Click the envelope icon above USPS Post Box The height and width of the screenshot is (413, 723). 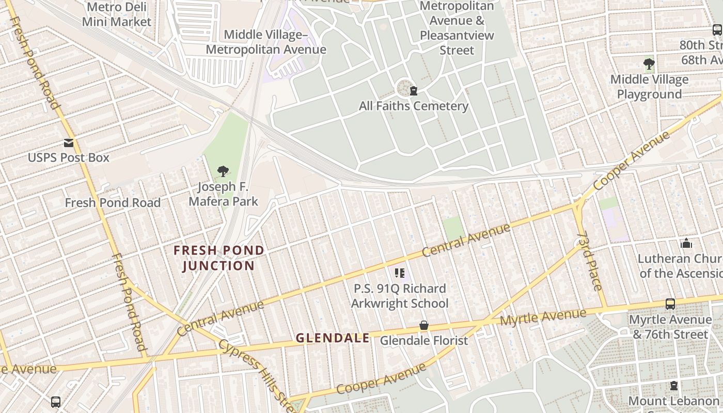(69, 143)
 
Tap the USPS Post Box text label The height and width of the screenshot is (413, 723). (69, 157)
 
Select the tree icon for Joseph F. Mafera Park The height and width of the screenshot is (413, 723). (223, 171)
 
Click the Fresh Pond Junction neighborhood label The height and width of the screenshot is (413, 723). (219, 258)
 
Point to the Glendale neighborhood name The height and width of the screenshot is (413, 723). (333, 338)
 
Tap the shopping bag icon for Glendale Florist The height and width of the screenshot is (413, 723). (424, 325)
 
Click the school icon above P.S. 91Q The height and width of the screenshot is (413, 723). (399, 273)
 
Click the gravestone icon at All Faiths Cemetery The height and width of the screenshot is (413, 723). (413, 91)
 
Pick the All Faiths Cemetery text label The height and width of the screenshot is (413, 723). (414, 106)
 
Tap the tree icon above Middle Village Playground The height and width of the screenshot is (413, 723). (649, 64)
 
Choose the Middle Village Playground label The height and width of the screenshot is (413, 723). (649, 87)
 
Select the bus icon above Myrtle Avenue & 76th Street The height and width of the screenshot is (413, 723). (670, 304)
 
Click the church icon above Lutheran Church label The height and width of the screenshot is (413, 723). (686, 243)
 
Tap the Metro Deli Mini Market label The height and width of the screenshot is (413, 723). (117, 14)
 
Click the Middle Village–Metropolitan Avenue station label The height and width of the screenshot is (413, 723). (266, 42)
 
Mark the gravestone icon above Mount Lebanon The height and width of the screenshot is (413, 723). (673, 386)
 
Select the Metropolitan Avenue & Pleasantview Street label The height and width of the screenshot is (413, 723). (457, 28)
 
